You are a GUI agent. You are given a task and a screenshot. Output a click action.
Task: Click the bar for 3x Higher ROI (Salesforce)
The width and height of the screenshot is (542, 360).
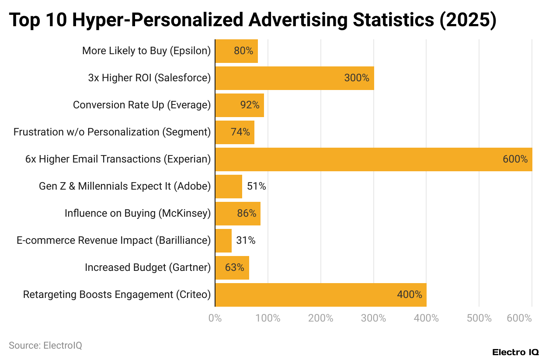tap(294, 78)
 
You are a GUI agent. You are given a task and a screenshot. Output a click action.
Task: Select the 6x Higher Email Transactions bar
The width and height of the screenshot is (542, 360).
tap(373, 159)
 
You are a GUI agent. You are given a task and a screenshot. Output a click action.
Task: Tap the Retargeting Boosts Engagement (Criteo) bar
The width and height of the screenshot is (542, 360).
tap(320, 295)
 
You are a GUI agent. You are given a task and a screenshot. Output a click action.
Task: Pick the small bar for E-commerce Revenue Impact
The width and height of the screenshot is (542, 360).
tap(223, 241)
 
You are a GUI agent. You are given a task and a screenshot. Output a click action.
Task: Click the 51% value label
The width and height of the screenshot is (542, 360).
tap(257, 187)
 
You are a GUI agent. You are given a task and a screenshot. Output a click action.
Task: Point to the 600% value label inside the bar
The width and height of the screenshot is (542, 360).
tap(515, 159)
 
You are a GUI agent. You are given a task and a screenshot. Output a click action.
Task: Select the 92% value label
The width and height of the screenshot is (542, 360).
tap(250, 105)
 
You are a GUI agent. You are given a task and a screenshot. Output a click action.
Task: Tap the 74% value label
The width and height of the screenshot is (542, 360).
tap(240, 132)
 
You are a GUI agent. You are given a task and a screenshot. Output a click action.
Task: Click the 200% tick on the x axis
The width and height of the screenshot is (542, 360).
tap(320, 318)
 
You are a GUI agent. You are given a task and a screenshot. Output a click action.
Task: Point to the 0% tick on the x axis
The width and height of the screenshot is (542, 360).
tap(215, 318)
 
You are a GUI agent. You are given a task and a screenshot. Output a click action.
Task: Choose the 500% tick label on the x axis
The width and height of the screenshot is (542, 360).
tap(479, 318)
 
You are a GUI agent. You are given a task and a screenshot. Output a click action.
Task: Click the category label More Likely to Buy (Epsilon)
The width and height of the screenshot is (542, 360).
tap(146, 51)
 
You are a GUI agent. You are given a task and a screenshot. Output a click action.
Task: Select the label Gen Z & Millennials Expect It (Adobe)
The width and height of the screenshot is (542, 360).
tap(125, 187)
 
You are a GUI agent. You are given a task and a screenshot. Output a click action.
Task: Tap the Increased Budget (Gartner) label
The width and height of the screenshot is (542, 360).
tap(148, 268)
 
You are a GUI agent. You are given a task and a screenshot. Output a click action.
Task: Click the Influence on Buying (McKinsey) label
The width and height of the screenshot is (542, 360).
tap(138, 214)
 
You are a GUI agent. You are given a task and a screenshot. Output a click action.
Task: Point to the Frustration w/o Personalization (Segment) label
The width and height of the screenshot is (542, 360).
tap(112, 132)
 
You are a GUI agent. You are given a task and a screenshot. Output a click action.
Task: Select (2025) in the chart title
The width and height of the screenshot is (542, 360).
tap(469, 20)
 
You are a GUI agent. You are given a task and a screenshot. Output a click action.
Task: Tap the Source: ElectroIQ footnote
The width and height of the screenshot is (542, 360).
tap(45, 346)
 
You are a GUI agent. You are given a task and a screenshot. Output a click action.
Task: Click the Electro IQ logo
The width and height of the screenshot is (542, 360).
tap(515, 352)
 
